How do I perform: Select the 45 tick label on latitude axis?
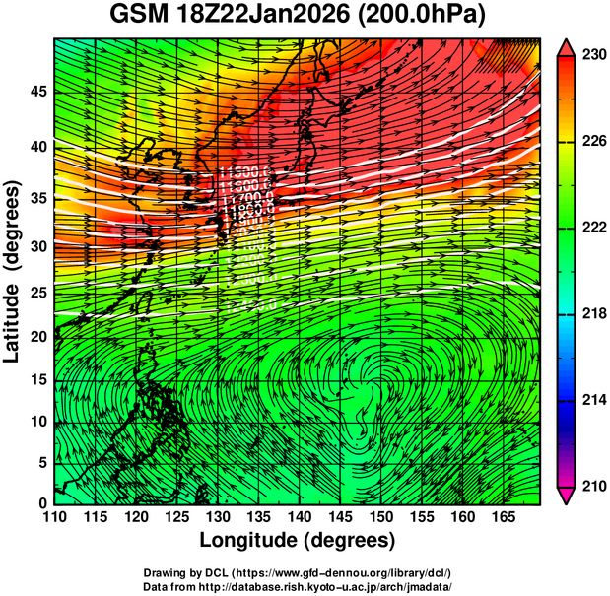click(x=36, y=93)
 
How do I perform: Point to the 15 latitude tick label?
click(x=36, y=380)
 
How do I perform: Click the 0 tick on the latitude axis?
click(x=41, y=503)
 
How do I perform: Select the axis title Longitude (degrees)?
click(x=298, y=541)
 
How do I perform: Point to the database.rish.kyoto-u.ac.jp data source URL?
click(x=339, y=586)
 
